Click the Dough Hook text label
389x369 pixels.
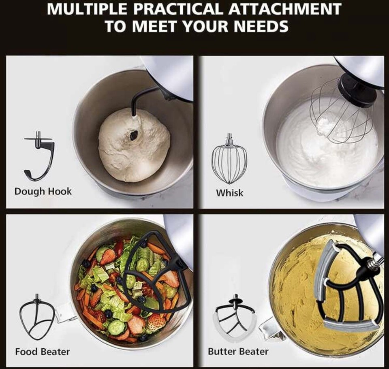(x=43, y=191)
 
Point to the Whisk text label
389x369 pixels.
(x=230, y=193)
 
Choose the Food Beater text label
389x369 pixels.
(x=42, y=351)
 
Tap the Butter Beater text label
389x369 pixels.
(x=238, y=351)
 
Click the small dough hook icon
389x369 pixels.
(x=40, y=156)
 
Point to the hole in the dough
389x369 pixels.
(x=134, y=136)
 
